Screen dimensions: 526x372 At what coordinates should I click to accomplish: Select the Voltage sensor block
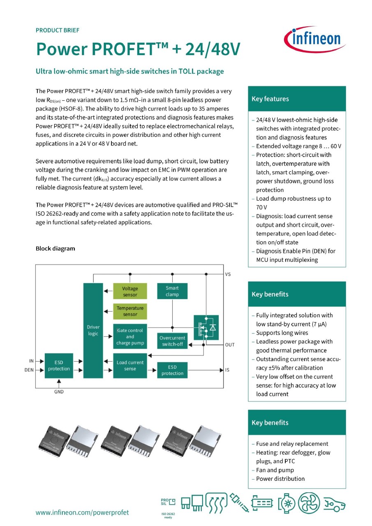(x=130, y=291)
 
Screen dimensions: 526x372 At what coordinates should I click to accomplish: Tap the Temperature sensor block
(x=130, y=311)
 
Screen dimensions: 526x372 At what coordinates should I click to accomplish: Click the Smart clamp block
(x=172, y=291)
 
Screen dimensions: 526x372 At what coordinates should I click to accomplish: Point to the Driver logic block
(x=93, y=330)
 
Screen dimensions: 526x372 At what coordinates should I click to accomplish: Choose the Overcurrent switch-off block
(x=172, y=341)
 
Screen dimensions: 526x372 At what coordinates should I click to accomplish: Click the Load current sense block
(x=130, y=365)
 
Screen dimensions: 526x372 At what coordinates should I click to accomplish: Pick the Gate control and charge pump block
(x=130, y=337)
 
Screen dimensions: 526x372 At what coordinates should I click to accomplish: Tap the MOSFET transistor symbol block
(x=206, y=327)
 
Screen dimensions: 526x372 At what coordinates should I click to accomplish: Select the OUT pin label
(x=230, y=345)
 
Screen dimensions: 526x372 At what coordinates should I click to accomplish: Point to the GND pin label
(x=59, y=392)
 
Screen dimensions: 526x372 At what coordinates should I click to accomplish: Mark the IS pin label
(x=227, y=370)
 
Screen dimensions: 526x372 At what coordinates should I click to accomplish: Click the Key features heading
(x=270, y=99)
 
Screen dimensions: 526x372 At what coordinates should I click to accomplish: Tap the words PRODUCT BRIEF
(x=58, y=30)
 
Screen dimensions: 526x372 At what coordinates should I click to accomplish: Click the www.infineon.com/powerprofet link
(x=82, y=512)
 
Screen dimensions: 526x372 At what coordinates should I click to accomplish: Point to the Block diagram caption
(x=55, y=249)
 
